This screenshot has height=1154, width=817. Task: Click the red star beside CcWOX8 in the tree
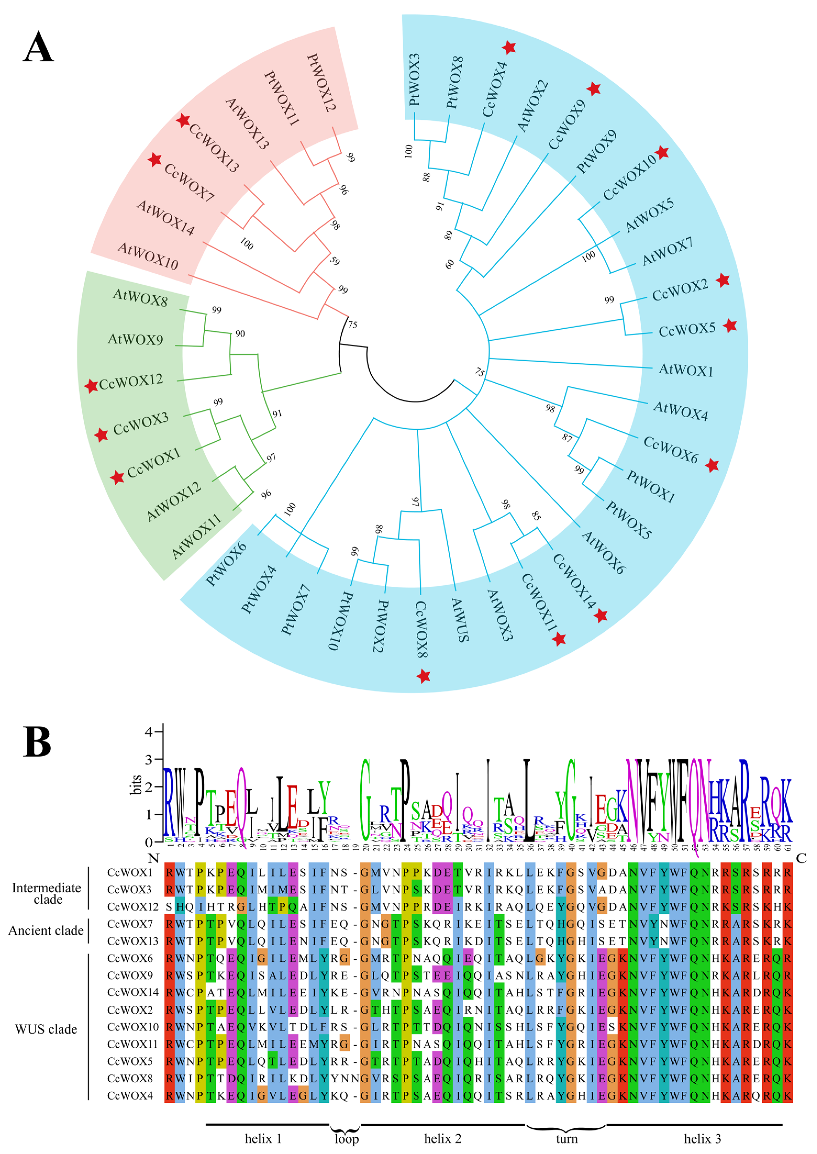[x=424, y=676]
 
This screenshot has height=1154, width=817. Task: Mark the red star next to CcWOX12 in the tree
[x=91, y=386]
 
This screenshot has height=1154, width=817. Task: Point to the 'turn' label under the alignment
[x=566, y=1138]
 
